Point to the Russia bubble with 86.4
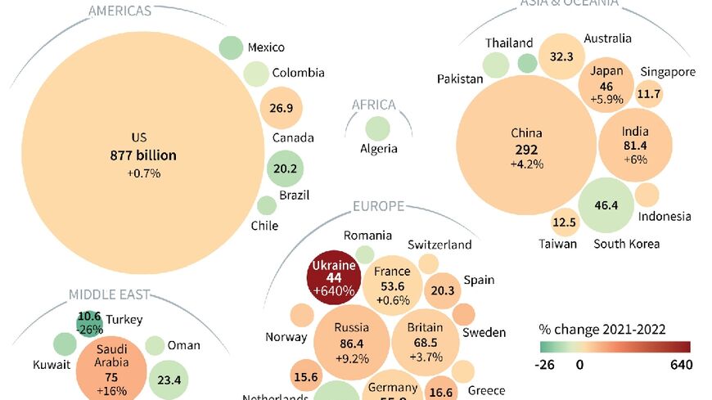tap(351, 343)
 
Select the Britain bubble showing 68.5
tap(425, 342)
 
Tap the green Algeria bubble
tap(377, 129)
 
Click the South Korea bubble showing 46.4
tap(606, 205)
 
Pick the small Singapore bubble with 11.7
tap(649, 94)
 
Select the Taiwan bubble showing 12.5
tap(564, 222)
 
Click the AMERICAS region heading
tap(119, 11)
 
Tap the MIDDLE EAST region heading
tap(108, 294)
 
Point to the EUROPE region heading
tap(378, 206)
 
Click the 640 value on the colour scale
tap(681, 364)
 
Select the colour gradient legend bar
tap(615, 346)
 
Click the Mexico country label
tap(266, 47)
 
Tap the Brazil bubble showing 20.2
tap(286, 170)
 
